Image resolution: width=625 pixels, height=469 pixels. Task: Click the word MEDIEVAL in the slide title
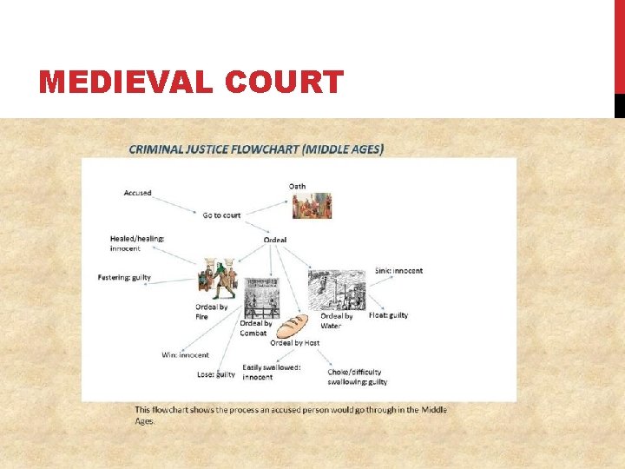[x=128, y=83]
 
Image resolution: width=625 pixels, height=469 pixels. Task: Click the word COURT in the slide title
[x=286, y=83]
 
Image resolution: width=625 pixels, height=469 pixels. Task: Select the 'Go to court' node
[x=221, y=215]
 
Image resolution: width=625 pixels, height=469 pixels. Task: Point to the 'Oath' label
[x=297, y=186]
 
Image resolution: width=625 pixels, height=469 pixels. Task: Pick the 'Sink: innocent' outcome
[x=398, y=271]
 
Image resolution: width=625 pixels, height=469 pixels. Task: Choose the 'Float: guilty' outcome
[x=388, y=315]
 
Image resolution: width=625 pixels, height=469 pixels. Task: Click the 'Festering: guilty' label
[x=124, y=278]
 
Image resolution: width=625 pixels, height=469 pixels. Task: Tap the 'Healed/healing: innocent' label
[x=137, y=243]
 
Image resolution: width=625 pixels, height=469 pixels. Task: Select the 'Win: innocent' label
[x=185, y=354]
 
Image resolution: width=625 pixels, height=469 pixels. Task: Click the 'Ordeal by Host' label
[x=294, y=343]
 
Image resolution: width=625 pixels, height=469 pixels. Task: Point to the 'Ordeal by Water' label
[x=337, y=321]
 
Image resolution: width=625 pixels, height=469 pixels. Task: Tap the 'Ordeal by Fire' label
[x=212, y=312]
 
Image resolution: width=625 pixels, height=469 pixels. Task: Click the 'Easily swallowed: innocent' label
[x=272, y=372]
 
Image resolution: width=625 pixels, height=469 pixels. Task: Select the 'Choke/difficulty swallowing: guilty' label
[x=357, y=377]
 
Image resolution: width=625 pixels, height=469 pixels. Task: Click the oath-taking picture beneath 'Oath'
[x=312, y=206]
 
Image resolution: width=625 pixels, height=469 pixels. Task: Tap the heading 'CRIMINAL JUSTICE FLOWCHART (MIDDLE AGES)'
[x=256, y=149]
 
